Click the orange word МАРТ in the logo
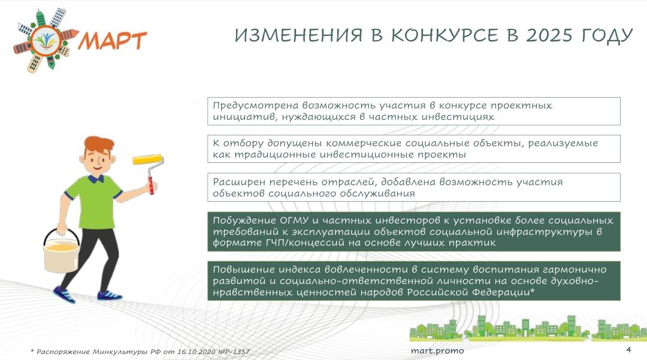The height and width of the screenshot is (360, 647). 112,40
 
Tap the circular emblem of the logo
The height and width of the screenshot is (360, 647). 46,40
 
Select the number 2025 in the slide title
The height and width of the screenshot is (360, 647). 549,35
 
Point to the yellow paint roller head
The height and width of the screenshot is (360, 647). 147,159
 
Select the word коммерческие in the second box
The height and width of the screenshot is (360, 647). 364,143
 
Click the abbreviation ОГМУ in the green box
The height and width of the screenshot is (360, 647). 294,220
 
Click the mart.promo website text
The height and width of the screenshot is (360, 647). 437,351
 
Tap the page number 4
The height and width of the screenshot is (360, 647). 628,350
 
